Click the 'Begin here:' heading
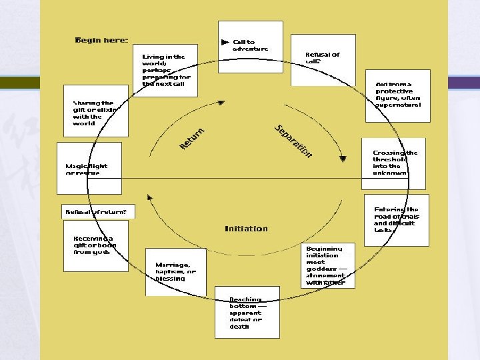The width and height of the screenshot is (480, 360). [101, 40]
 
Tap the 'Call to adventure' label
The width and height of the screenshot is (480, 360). [250, 45]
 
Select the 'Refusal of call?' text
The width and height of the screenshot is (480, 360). [322, 57]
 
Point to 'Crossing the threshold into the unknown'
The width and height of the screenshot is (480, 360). [395, 163]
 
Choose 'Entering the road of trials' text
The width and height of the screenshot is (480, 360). [396, 219]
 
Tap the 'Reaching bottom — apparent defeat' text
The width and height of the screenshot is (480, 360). [245, 313]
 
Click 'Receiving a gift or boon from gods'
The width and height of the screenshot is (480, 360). [94, 245]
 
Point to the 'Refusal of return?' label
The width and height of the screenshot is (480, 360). [95, 212]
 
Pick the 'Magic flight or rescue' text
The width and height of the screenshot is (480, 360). [86, 169]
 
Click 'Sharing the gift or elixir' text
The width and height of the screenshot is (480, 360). [94, 113]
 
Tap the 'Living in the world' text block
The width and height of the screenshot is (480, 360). [165, 70]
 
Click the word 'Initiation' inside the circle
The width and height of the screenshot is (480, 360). [246, 229]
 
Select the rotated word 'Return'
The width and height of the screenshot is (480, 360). [192, 137]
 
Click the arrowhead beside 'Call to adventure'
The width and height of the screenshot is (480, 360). [225, 42]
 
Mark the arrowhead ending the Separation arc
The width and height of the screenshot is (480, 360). [343, 159]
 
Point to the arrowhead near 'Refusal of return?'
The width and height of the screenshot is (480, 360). [150, 197]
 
